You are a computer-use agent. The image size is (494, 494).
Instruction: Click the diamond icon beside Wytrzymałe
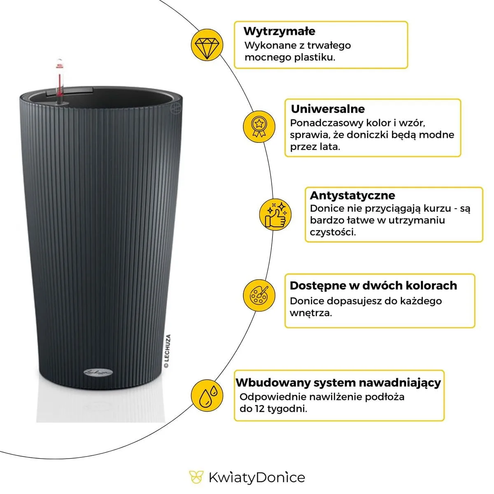pos(207,45)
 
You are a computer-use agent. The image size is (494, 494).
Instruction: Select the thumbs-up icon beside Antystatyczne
pos(275,214)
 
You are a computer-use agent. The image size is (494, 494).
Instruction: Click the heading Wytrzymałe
pos(280,31)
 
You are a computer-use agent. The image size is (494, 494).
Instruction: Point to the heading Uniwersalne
pos(328,109)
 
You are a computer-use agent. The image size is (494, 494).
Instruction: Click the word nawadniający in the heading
pos(400,382)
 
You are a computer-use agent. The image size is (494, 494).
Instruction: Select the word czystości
pos(333,232)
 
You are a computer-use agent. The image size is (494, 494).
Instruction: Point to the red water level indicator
pos(60,80)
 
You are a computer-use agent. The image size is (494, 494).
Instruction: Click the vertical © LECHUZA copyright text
pos(167,351)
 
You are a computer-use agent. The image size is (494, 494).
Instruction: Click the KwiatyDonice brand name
pos(256,478)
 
